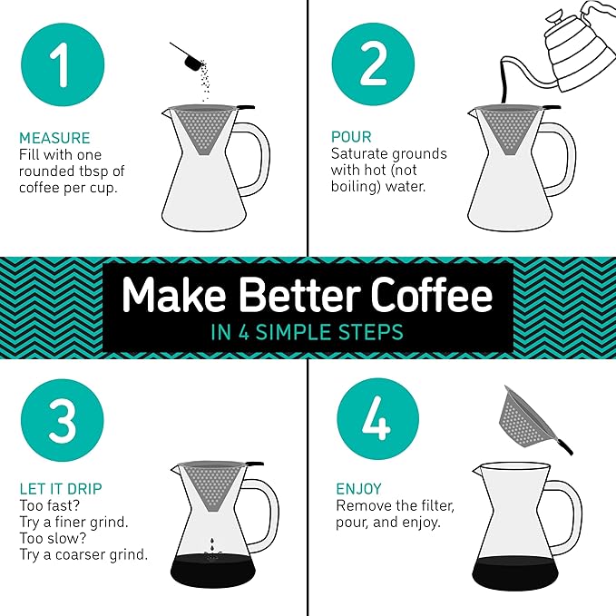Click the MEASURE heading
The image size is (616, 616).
click(x=54, y=139)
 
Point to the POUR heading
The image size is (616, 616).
click(x=352, y=137)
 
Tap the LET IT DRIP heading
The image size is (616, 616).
click(x=61, y=489)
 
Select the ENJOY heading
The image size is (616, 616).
click(x=358, y=489)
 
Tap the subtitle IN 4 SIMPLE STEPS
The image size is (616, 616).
click(x=307, y=332)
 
